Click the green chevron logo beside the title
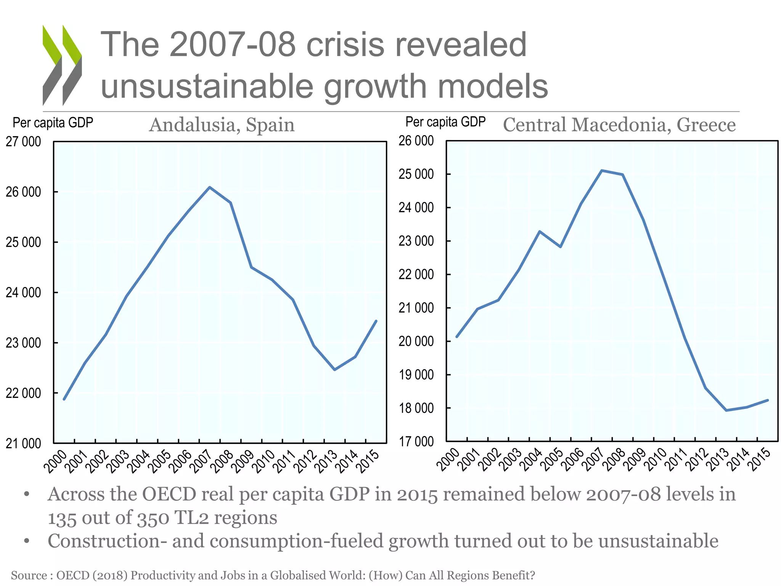pos(62,65)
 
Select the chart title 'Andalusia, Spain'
pos(222,125)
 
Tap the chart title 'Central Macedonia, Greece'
pos(619,125)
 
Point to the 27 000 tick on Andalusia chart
pos(23,142)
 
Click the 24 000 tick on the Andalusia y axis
pos(23,293)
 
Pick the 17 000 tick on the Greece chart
pos(416,442)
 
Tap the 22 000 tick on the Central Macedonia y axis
pos(416,274)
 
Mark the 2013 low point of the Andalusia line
pos(334,370)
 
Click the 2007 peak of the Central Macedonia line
pos(602,171)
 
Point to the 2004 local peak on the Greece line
pos(539,231)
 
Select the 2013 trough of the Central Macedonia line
pos(726,410)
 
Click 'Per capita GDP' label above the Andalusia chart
pos(53,123)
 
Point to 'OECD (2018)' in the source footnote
pos(92,575)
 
